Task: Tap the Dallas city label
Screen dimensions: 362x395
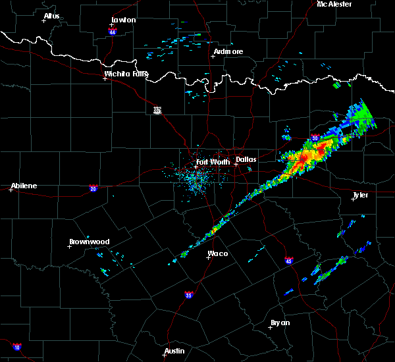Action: (x=246, y=159)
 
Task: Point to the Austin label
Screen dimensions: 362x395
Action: (x=174, y=350)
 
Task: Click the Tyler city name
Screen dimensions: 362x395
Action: (x=360, y=195)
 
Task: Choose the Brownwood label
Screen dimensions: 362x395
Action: (x=90, y=242)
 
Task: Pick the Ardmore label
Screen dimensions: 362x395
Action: (x=228, y=51)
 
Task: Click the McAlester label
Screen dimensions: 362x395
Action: (x=334, y=4)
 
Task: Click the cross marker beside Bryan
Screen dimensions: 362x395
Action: (x=270, y=328)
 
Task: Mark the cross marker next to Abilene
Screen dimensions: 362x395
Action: (x=11, y=190)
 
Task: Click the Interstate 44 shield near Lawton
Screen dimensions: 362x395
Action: (x=113, y=31)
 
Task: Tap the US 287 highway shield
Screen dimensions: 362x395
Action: (x=157, y=110)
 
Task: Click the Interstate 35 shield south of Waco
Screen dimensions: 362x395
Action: (x=189, y=294)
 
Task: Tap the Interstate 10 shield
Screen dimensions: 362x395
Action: (x=17, y=346)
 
